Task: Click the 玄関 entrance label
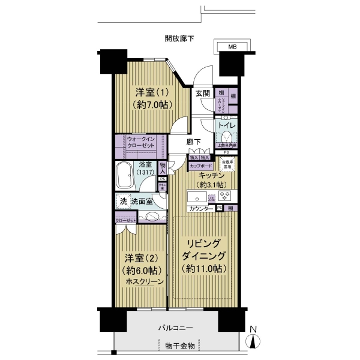coord(202,94)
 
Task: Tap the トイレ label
coord(226,126)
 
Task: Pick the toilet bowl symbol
coord(226,138)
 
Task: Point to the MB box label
coord(232,47)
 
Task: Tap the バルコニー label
coord(175,328)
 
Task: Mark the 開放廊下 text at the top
coord(180,39)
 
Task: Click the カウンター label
coord(201,209)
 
